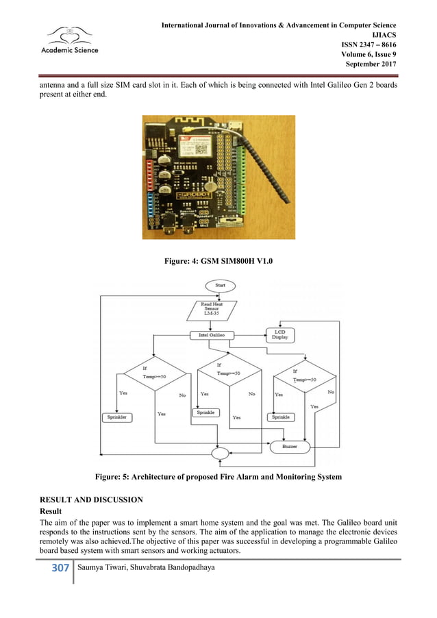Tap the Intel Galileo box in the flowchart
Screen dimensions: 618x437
tap(213, 335)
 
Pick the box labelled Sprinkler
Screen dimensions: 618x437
tap(118, 417)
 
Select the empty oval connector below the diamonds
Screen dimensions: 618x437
tap(221, 453)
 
